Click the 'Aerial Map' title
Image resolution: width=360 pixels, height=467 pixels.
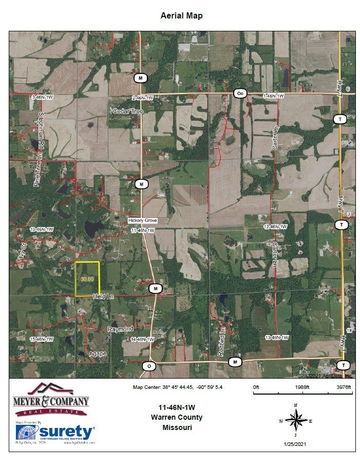(182, 15)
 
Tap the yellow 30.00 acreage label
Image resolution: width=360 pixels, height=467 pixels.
(87, 278)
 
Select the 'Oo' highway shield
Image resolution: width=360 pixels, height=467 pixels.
(240, 93)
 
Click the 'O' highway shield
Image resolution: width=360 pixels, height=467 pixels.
(149, 366)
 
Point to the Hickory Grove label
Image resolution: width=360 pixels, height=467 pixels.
(142, 220)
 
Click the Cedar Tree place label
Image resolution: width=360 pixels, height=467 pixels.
(128, 111)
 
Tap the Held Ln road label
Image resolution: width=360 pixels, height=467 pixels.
(102, 296)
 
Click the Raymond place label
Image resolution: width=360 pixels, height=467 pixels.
(120, 329)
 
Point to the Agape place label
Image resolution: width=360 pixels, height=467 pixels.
(98, 354)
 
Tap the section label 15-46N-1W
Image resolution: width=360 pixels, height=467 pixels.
(42, 339)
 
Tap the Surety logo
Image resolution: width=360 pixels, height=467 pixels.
(55, 432)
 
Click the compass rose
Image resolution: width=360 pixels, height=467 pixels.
(296, 421)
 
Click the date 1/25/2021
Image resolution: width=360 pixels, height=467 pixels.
(295, 443)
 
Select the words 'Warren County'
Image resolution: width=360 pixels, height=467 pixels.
(177, 417)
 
